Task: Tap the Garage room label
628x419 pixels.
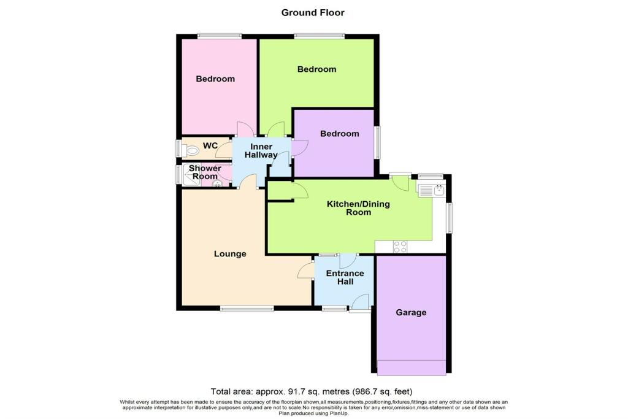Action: click(410, 312)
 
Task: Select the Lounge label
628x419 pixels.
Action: click(230, 253)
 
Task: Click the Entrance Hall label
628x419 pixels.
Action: click(345, 277)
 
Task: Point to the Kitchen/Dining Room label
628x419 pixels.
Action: click(358, 208)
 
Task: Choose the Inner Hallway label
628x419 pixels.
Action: click(261, 151)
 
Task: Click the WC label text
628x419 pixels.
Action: click(210, 145)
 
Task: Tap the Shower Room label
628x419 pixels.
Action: click(204, 172)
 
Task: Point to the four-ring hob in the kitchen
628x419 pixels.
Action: click(400, 247)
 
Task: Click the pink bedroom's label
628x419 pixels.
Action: click(215, 79)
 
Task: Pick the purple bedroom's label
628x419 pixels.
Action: click(339, 134)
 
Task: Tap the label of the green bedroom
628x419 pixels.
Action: click(316, 69)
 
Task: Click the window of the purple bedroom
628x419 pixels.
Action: click(377, 142)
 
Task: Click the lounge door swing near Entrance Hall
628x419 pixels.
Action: click(305, 270)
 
